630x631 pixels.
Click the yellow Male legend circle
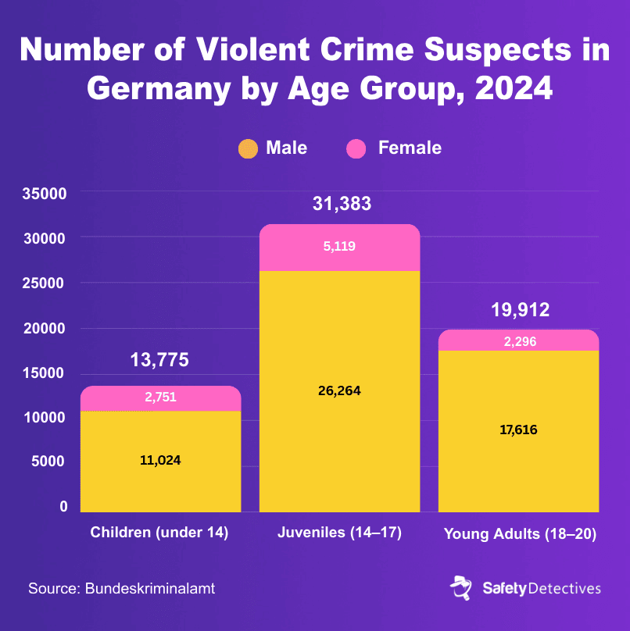247,148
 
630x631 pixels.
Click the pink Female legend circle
356,148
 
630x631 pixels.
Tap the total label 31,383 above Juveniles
342,205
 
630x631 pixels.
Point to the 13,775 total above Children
159,360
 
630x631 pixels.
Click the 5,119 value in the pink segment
339,247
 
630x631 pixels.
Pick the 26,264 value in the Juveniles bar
339,390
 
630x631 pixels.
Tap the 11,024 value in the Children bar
160,460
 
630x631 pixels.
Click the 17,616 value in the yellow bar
518,430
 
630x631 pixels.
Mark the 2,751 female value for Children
160,397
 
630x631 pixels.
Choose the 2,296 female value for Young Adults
518,341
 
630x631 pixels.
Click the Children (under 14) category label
159,533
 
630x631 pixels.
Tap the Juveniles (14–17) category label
339,533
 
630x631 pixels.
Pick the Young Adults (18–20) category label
520,535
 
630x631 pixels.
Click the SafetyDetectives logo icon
460,587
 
